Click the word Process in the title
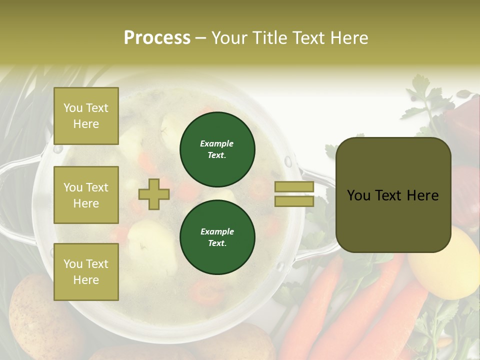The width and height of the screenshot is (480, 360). tap(157, 38)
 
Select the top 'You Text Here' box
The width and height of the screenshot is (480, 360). tap(86, 116)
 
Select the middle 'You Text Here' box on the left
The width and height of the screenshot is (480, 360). tap(86, 195)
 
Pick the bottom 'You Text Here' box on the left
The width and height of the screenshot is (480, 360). tap(86, 272)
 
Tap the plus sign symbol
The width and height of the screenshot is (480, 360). tap(154, 194)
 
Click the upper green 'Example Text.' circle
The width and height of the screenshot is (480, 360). tap(217, 149)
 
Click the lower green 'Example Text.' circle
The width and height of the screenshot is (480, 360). tap(217, 237)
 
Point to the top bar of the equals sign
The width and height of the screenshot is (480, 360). tap(294, 187)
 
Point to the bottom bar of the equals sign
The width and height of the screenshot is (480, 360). tap(294, 201)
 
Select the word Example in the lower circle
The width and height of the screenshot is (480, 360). tap(217, 231)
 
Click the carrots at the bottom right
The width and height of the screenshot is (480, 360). tap(350, 315)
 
